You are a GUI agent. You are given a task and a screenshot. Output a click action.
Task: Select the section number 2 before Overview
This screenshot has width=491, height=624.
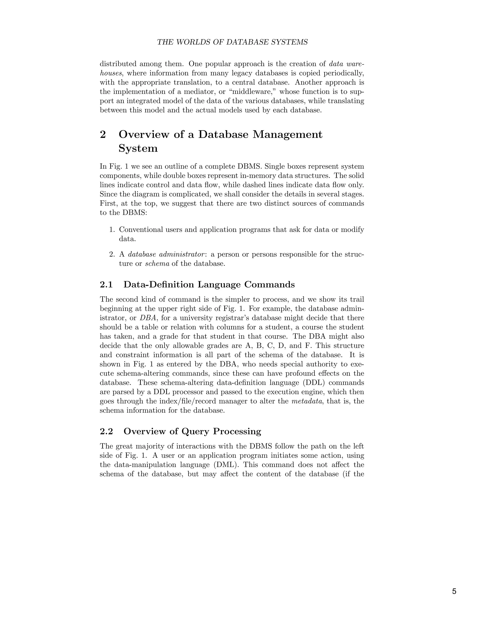pyautogui.click(x=103, y=135)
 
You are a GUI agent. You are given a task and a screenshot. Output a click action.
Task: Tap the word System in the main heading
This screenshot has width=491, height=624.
pyautogui.click(x=138, y=149)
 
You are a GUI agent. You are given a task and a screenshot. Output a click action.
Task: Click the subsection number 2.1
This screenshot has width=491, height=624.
pyautogui.click(x=106, y=285)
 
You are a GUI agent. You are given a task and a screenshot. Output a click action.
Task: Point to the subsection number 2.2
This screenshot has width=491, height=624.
pyautogui.click(x=106, y=431)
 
